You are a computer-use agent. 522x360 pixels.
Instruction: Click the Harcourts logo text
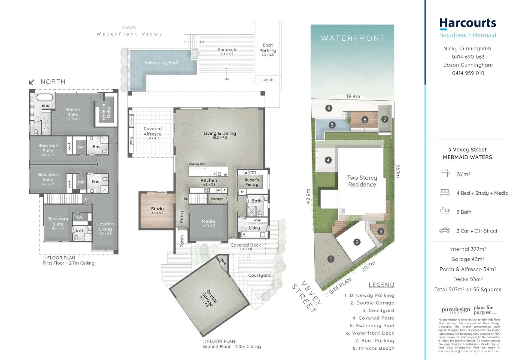pos(467,23)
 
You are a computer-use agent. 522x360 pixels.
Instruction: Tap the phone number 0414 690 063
pos(467,57)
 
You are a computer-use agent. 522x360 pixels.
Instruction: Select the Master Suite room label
pos(73,112)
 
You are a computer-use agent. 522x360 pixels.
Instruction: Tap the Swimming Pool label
pos(161,63)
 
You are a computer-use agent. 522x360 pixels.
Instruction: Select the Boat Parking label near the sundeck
pos(267,48)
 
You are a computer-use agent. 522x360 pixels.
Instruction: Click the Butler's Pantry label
pos(252,182)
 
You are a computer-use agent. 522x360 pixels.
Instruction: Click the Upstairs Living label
pos(105,227)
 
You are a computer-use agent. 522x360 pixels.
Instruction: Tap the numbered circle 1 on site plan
pos(331,259)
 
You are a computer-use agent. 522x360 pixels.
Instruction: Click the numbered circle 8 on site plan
pos(329,108)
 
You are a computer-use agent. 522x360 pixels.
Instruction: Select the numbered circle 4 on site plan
pos(328,160)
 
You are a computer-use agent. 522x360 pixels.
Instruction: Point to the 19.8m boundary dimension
pos(353,97)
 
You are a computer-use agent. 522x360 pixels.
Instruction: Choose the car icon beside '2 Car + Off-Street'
pos(444,231)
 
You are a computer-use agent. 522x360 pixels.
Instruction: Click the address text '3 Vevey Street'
pos(467,150)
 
